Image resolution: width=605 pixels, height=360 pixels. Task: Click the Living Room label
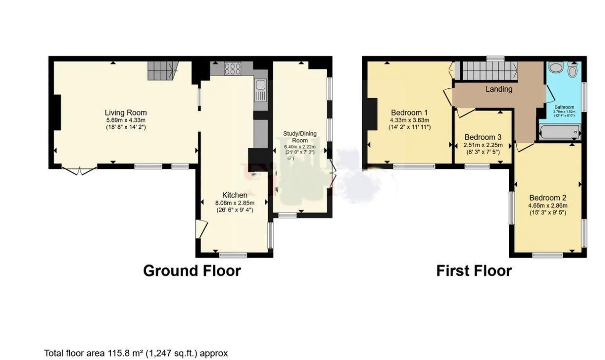click(x=126, y=113)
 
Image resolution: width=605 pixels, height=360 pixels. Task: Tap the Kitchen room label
click(x=234, y=195)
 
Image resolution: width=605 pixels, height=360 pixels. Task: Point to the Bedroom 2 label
click(x=547, y=198)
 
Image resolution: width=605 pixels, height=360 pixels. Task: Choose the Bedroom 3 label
click(x=483, y=137)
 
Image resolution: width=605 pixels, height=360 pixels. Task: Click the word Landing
click(x=499, y=89)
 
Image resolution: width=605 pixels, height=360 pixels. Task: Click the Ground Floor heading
click(x=192, y=271)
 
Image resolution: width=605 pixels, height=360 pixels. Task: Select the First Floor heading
click(x=473, y=271)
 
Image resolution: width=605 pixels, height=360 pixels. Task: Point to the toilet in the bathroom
click(x=572, y=71)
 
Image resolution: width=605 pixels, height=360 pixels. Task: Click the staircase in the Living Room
click(x=161, y=71)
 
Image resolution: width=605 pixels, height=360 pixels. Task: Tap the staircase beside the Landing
click(x=489, y=70)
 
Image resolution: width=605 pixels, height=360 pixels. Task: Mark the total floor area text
click(x=136, y=353)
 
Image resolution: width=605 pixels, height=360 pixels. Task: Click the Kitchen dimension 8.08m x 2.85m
click(x=234, y=203)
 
